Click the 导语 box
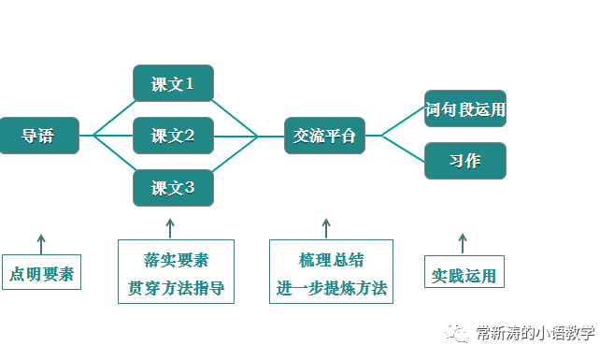click(38, 137)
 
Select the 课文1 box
click(173, 84)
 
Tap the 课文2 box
click(173, 137)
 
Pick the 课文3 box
click(173, 188)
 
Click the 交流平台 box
click(324, 137)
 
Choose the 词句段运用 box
click(464, 109)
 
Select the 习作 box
click(464, 161)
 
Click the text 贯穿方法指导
click(176, 287)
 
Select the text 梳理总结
click(331, 260)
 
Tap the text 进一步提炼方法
click(331, 287)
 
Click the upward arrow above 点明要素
click(41, 243)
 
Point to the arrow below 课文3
click(170, 228)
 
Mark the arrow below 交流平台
click(325, 228)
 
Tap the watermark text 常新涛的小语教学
click(535, 333)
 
